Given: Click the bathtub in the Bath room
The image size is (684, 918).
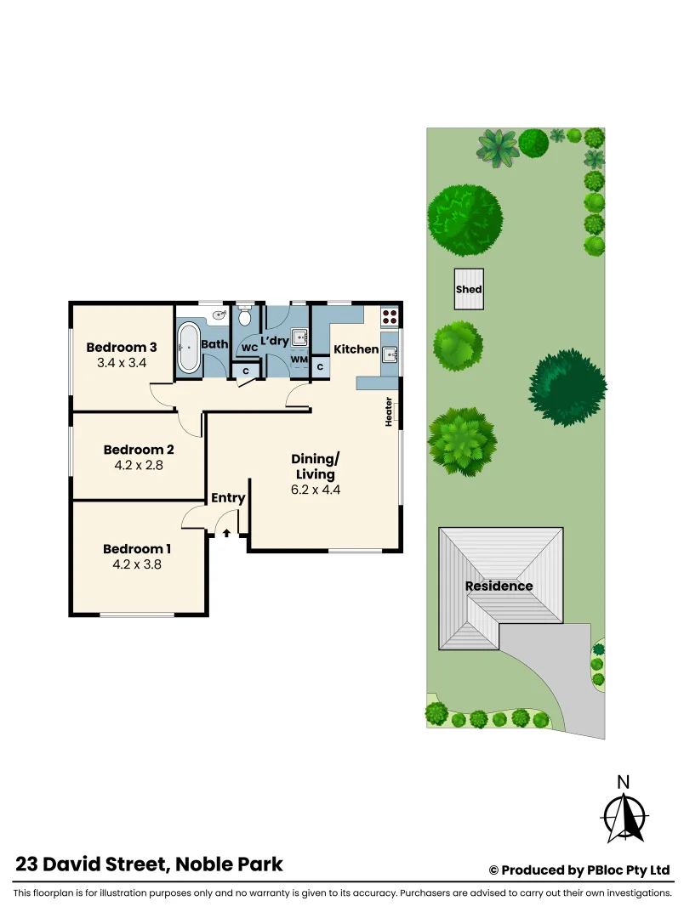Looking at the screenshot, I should coord(189,347).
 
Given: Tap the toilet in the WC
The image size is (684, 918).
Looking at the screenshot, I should coord(245,318).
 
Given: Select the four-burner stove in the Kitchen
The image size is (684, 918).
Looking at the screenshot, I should coord(390,317).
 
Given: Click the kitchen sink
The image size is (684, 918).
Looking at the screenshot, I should coord(390,354).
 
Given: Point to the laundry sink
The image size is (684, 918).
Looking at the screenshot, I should coord(300,338).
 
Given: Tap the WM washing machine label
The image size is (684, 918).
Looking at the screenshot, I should coord(299,360).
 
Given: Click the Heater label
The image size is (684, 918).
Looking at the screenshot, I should coord(389,412).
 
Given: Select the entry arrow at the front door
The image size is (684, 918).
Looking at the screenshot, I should coord(227,533).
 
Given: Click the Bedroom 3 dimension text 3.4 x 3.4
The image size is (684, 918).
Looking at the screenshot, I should coord(122,363).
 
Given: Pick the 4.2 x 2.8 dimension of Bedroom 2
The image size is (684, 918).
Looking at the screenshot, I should coord(139,465).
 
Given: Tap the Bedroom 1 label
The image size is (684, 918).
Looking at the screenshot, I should coord(139,548).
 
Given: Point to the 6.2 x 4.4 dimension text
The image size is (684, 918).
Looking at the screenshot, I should coord(315,490).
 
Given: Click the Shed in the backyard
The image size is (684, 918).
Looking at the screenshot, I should coord(469,289).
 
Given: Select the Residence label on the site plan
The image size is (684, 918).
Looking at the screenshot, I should coord(499,586).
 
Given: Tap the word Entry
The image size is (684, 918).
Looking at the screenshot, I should coord(228,498).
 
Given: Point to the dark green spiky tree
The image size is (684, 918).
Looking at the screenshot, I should coord(567,388).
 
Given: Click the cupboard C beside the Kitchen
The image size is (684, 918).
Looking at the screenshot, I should coord(320,366).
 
